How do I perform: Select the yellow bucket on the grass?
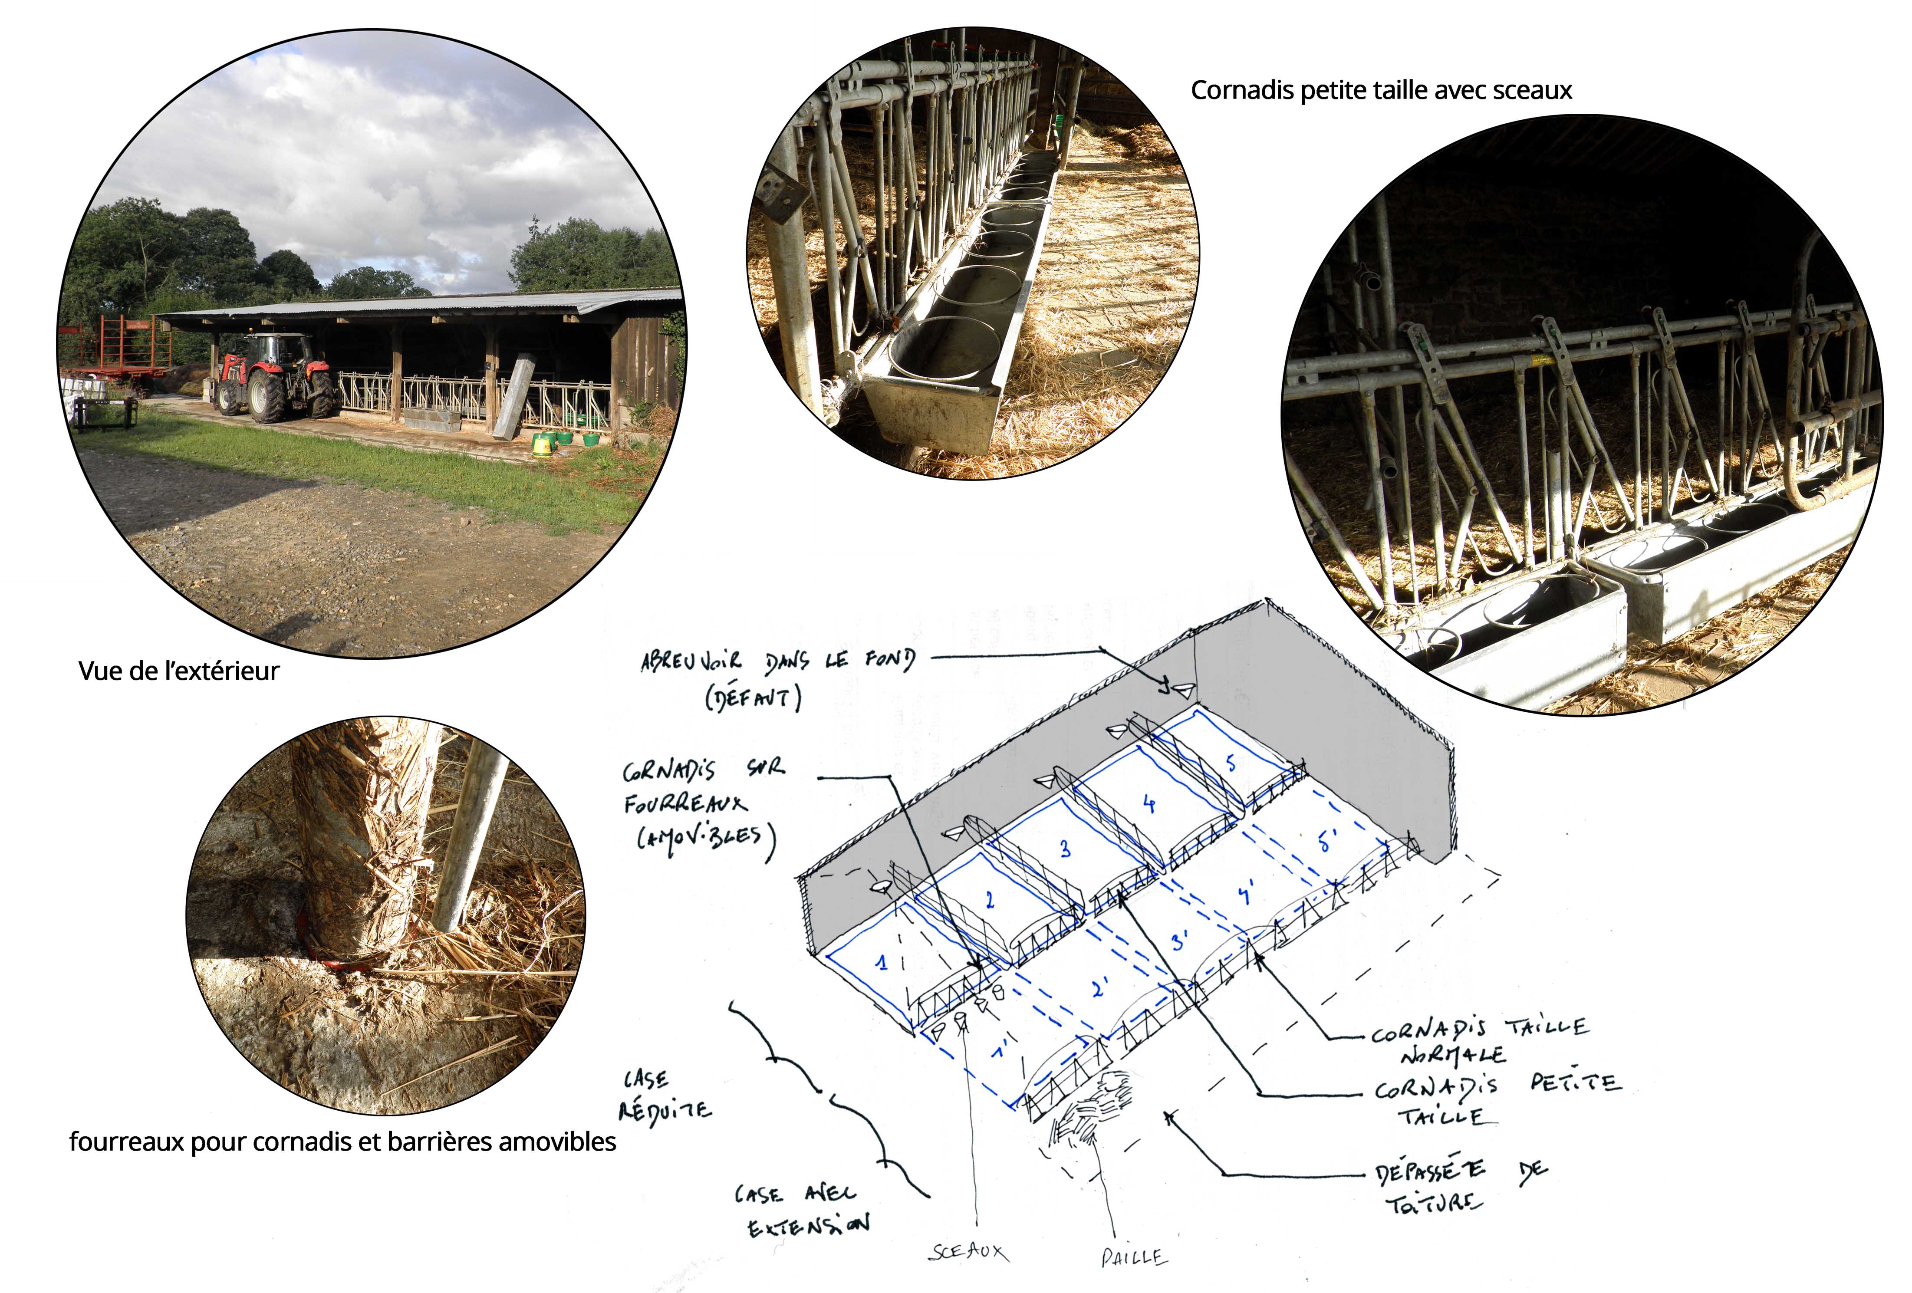(541, 445)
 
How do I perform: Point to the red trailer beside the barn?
(115, 345)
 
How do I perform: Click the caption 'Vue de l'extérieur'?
(178, 671)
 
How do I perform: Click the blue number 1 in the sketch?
(882, 962)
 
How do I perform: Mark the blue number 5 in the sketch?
(1231, 764)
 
